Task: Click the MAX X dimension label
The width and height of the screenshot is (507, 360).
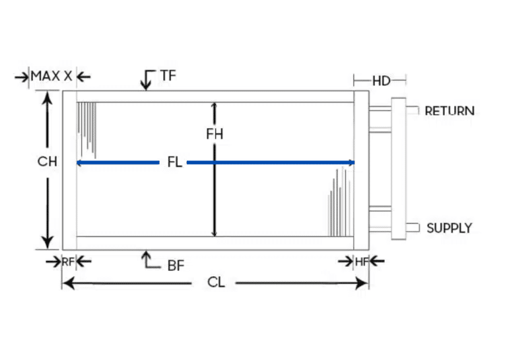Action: point(51,77)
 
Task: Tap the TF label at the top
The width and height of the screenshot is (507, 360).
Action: point(168,76)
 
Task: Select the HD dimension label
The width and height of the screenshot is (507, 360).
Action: point(381,81)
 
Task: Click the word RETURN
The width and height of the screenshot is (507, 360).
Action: point(449,111)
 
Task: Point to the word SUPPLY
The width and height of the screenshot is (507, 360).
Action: point(449,229)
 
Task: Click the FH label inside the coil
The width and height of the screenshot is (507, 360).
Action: point(215,134)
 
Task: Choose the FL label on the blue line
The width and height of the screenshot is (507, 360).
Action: point(175,162)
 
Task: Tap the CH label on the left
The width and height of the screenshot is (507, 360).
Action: point(47,162)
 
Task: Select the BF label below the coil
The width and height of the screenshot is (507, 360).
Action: point(175,266)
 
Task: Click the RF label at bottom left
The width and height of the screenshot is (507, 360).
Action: point(68,262)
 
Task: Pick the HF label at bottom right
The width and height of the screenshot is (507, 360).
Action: point(362,262)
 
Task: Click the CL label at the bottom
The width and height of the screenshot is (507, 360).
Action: point(217,283)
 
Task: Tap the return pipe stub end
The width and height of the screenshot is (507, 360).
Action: point(415,110)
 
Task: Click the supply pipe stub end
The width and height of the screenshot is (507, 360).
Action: point(415,228)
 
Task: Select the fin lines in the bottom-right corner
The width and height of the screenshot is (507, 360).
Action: point(340,201)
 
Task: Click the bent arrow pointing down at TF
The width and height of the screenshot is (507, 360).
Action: point(145,81)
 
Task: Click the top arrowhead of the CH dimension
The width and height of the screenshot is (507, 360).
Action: point(47,96)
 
